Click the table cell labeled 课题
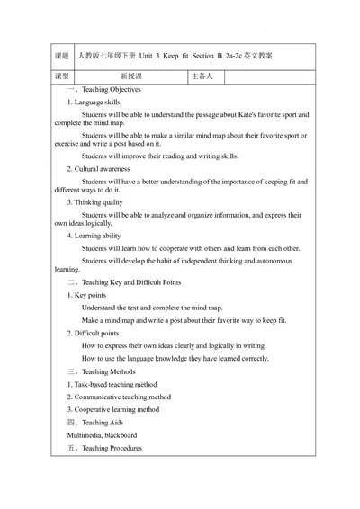click(62, 56)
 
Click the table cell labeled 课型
click(62, 76)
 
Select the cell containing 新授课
click(131, 76)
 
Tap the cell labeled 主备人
click(202, 76)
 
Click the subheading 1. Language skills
click(93, 103)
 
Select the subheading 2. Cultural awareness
click(98, 169)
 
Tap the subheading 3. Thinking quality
click(94, 202)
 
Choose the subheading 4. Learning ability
click(94, 236)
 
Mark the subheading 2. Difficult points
click(92, 333)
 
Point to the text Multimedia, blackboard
click(101, 434)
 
